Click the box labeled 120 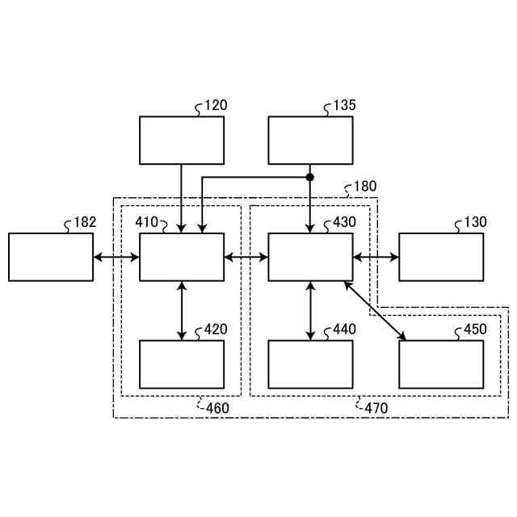(x=182, y=141)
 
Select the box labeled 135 (x=310, y=141)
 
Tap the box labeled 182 (x=51, y=257)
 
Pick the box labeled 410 (x=182, y=257)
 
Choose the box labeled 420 (x=182, y=364)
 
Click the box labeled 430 (x=310, y=257)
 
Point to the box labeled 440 (x=310, y=364)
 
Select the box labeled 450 (x=441, y=364)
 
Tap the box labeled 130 (x=441, y=257)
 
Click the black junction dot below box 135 (x=310, y=177)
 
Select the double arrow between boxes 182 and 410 (x=116, y=258)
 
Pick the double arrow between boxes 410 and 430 (x=246, y=258)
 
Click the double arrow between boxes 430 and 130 (x=376, y=258)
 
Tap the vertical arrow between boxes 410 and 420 (x=182, y=310)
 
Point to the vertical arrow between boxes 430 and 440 (x=310, y=310)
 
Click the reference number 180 (x=364, y=187)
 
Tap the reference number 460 (x=216, y=408)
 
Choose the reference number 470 (x=376, y=408)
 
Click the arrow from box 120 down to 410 (x=182, y=199)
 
